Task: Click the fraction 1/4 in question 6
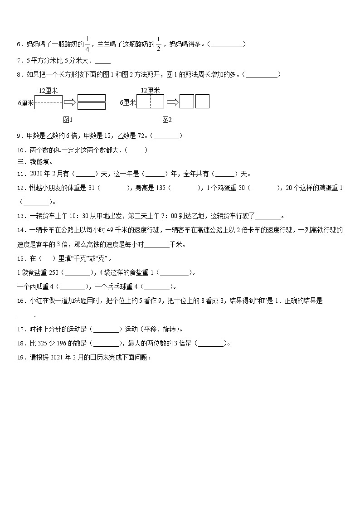click(88, 44)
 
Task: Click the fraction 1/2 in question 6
click(159, 44)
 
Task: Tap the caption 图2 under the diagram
click(167, 120)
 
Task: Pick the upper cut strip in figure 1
click(92, 98)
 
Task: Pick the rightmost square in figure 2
click(202, 102)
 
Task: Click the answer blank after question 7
click(103, 60)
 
